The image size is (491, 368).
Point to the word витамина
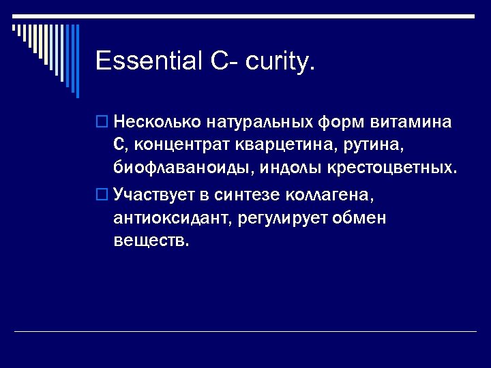pyautogui.click(x=411, y=123)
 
